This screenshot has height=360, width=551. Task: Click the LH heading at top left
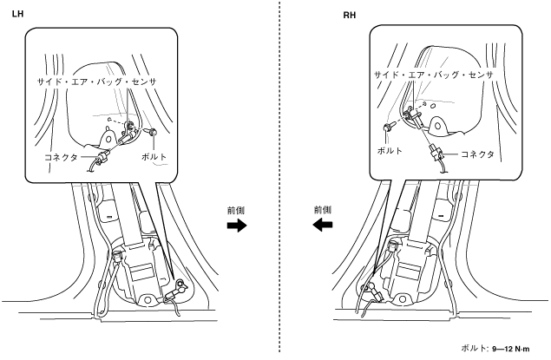(x=17, y=15)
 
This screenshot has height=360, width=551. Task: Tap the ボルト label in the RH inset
(x=390, y=150)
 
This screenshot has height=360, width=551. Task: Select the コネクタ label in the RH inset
(x=476, y=154)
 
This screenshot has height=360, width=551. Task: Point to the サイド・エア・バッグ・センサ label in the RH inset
(x=432, y=75)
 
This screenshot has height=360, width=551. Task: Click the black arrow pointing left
(x=323, y=226)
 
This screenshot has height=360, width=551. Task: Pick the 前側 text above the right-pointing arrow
(x=236, y=209)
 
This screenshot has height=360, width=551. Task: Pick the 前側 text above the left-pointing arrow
(x=322, y=209)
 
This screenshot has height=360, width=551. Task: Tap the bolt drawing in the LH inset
(x=151, y=132)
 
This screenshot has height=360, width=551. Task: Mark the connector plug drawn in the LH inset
(x=103, y=157)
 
